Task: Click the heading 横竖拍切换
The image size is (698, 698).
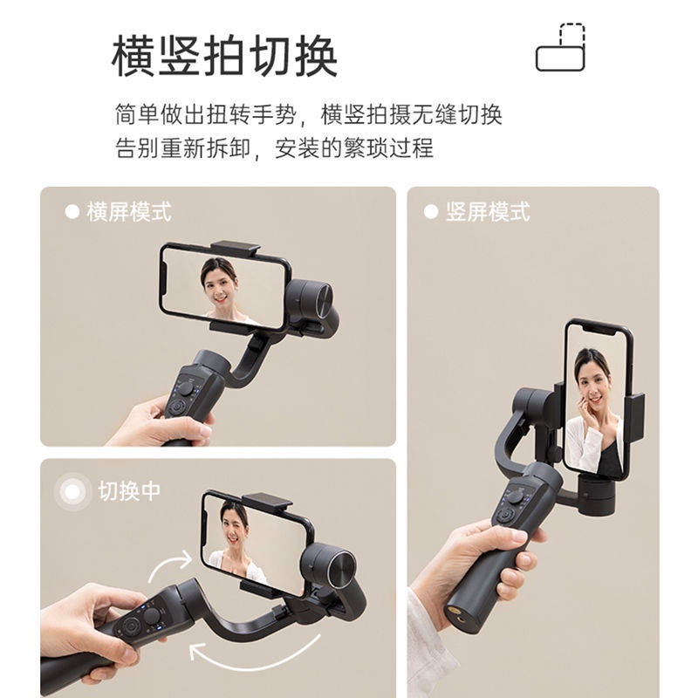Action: (224, 57)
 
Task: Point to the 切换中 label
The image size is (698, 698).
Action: (128, 491)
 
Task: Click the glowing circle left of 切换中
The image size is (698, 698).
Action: (72, 492)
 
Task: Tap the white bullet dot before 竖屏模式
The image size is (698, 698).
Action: (430, 212)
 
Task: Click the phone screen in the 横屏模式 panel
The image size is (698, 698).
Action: (224, 285)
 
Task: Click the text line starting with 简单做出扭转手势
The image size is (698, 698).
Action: (308, 115)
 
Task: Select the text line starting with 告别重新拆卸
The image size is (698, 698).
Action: (273, 148)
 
